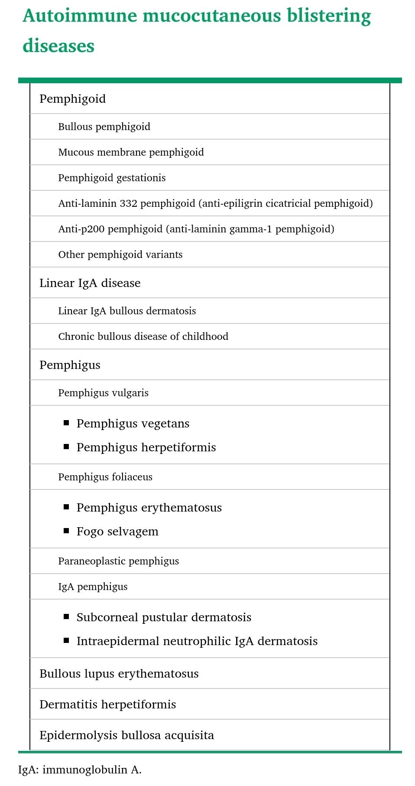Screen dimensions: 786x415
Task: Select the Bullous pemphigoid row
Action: click(x=104, y=127)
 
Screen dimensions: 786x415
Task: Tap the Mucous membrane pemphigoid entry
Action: click(x=131, y=152)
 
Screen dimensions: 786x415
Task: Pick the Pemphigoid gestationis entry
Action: click(x=112, y=178)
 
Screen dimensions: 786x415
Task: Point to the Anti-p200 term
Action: click(x=81, y=229)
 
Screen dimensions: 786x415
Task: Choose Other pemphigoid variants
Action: click(x=120, y=254)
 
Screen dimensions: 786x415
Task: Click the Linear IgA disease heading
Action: click(x=90, y=283)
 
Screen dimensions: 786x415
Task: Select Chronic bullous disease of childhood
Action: click(x=143, y=336)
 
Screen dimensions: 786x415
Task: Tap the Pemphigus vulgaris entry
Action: click(x=103, y=393)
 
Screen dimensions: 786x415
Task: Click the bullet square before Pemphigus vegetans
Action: click(x=66, y=423)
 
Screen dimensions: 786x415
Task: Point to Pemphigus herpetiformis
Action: click(x=146, y=447)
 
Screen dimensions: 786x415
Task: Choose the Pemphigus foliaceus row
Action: click(x=105, y=477)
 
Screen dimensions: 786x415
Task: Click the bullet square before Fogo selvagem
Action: click(x=66, y=531)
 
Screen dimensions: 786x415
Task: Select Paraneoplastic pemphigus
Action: click(x=118, y=561)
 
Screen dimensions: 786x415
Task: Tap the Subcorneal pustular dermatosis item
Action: click(x=164, y=617)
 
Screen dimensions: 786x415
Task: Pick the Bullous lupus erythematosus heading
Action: click(x=119, y=674)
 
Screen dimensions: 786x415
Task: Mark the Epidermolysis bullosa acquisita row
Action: click(x=126, y=735)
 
